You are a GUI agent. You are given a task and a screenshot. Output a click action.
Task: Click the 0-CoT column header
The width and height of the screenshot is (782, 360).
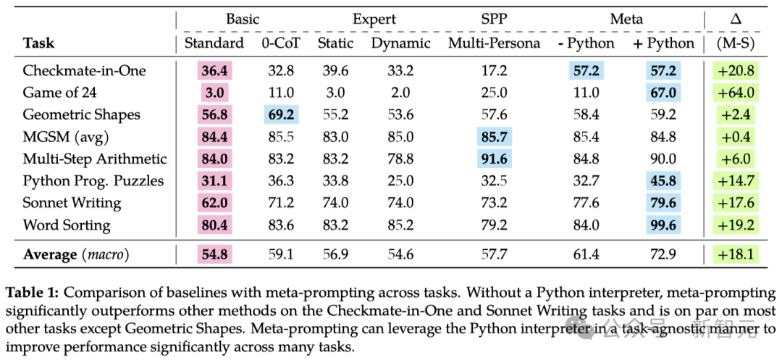click(281, 43)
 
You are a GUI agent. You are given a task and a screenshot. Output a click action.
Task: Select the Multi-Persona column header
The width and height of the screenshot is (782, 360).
click(494, 43)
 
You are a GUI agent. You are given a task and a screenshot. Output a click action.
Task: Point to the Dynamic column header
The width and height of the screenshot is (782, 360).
click(400, 43)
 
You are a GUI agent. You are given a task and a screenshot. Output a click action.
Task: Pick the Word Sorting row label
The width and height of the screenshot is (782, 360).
click(67, 225)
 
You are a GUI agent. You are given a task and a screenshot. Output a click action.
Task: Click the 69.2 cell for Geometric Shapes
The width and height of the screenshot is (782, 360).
click(281, 114)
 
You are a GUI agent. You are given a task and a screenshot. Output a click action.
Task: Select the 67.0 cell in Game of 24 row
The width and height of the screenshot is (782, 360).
click(663, 93)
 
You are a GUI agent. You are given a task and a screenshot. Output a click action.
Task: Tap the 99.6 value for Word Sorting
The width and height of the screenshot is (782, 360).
click(663, 225)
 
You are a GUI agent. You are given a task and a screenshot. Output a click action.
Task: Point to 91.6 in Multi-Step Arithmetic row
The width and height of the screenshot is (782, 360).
click(494, 159)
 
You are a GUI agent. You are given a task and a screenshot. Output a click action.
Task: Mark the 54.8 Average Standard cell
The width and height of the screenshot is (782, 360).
click(214, 254)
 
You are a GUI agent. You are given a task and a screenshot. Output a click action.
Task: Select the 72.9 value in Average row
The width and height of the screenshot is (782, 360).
click(663, 254)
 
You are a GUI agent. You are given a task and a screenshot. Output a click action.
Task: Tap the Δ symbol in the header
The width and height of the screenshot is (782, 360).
click(736, 20)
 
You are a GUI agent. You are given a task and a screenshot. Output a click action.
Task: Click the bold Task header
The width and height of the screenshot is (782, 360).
click(38, 43)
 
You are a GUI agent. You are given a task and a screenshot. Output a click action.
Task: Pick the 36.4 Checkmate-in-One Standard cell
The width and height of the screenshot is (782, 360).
click(214, 70)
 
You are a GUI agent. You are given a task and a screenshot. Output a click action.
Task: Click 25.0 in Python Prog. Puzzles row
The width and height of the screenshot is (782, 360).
click(400, 181)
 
